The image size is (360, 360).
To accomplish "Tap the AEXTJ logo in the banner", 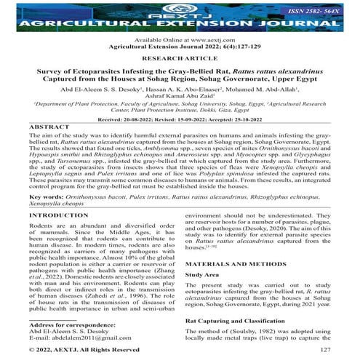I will pos(180,10).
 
